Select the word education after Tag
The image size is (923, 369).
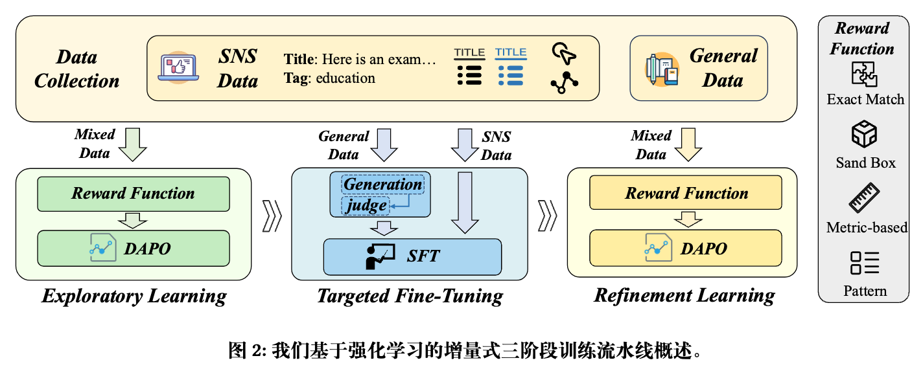tap(345, 78)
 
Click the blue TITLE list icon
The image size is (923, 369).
tap(511, 67)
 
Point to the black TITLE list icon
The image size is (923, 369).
tap(469, 67)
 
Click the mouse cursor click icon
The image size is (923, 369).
tap(563, 54)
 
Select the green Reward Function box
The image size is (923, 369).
tap(134, 193)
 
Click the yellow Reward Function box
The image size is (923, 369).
tap(686, 193)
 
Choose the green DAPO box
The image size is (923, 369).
tap(134, 249)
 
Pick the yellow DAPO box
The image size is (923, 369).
tap(686, 249)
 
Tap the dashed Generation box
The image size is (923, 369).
tap(382, 184)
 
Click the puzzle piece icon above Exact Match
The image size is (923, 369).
tap(864, 74)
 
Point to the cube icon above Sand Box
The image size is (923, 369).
tap(864, 136)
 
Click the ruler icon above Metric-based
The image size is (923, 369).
tap(864, 199)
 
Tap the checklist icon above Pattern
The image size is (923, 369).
tap(864, 263)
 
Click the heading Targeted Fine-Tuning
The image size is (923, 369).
tap(410, 296)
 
